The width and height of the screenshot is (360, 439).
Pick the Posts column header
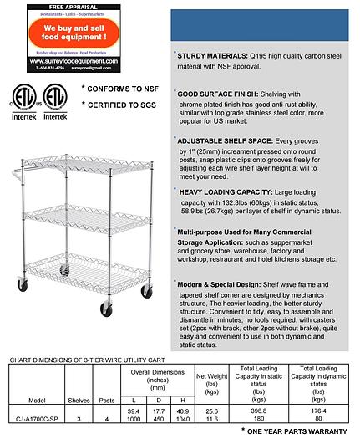click(x=106, y=399)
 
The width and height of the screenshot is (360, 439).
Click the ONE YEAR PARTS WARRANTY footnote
click(x=297, y=431)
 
